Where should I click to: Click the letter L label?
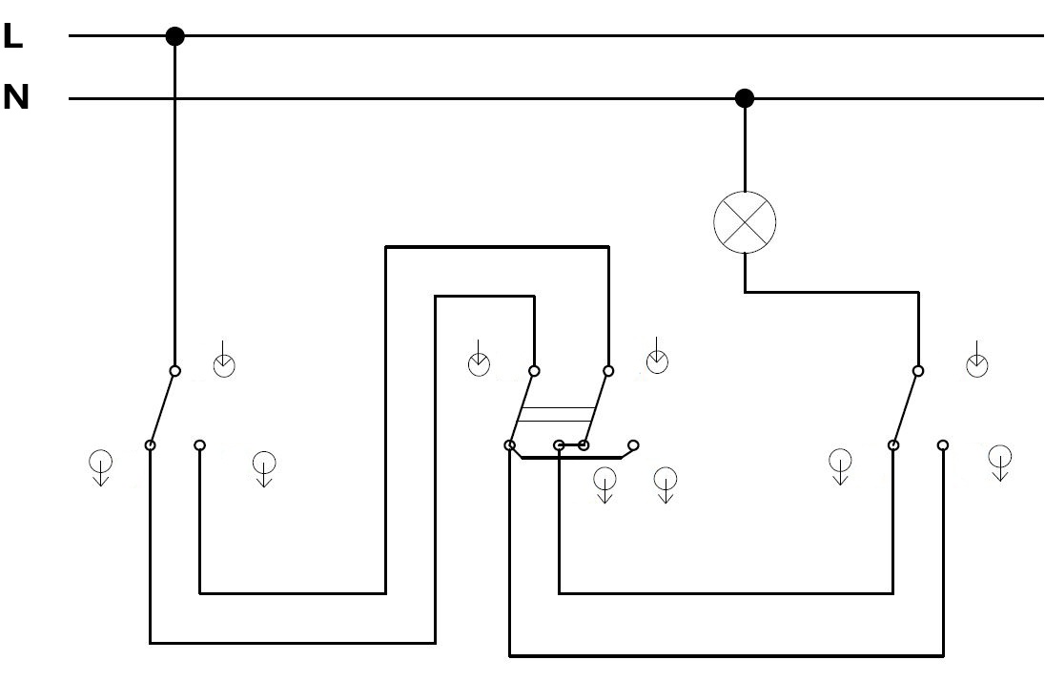pyautogui.click(x=12, y=36)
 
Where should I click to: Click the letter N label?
pyautogui.click(x=16, y=97)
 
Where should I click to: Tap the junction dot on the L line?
pyautogui.click(x=174, y=36)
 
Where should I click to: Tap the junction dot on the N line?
pyautogui.click(x=745, y=98)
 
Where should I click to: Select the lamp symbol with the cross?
pyautogui.click(x=745, y=222)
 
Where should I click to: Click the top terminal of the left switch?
pyautogui.click(x=174, y=371)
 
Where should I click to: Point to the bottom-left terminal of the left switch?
pyautogui.click(x=151, y=444)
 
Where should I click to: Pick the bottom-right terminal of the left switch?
pyautogui.click(x=199, y=444)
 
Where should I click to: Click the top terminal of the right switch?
pyautogui.click(x=918, y=371)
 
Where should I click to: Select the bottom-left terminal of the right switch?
pyautogui.click(x=893, y=444)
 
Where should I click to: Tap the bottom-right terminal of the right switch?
pyautogui.click(x=942, y=444)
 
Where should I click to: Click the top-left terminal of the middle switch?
pyautogui.click(x=534, y=371)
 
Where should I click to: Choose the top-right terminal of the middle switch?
pyautogui.click(x=607, y=371)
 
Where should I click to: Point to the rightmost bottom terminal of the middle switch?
pyautogui.click(x=633, y=444)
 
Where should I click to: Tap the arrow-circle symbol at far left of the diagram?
pyautogui.click(x=101, y=467)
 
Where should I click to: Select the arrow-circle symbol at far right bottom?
pyautogui.click(x=999, y=463)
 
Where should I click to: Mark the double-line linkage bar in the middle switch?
pyautogui.click(x=555, y=414)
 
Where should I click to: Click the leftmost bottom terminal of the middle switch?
pyautogui.click(x=510, y=444)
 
